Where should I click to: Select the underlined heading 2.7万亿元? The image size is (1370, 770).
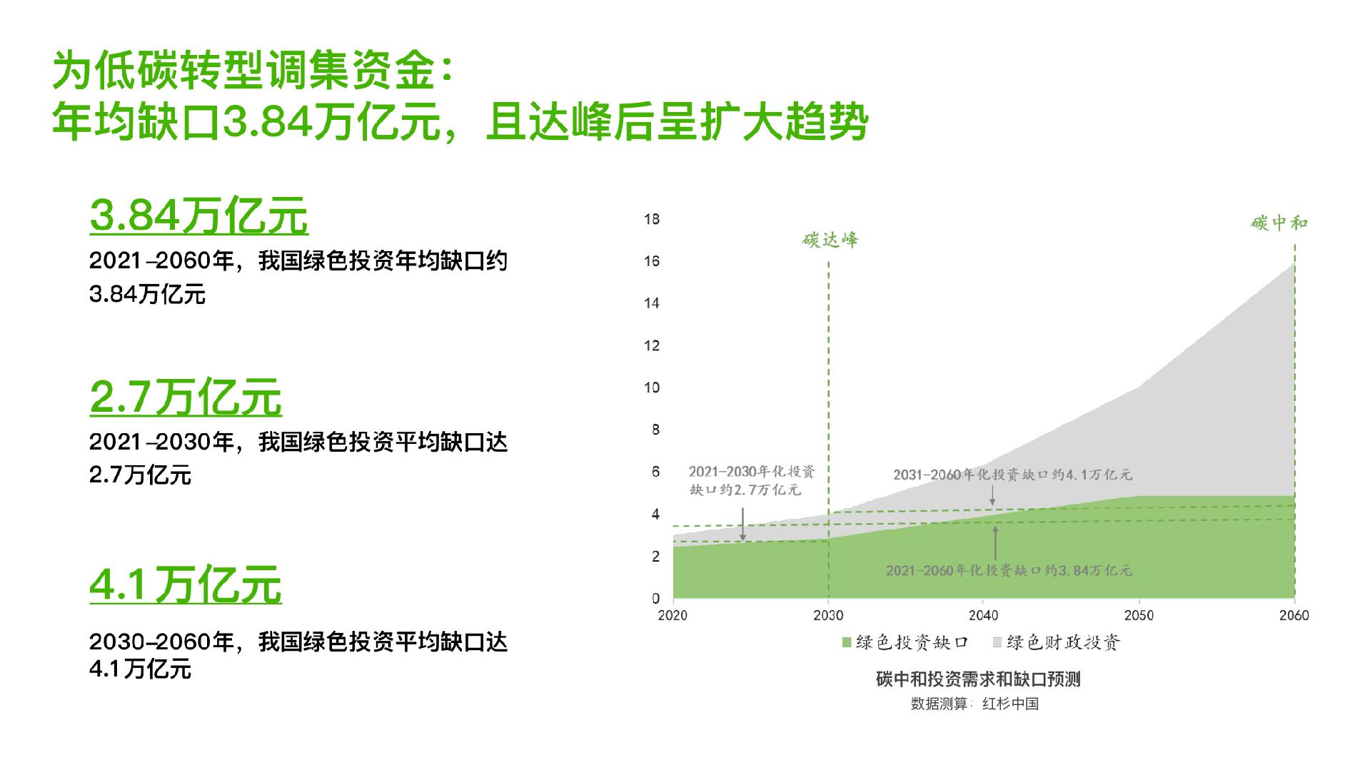click(x=186, y=397)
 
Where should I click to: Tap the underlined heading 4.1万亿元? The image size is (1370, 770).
click(x=186, y=585)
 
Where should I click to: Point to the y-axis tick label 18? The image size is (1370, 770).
click(x=651, y=219)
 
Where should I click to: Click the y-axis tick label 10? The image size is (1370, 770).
click(x=651, y=387)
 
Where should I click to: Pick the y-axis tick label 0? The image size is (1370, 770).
click(x=655, y=599)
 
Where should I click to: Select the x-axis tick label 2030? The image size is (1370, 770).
click(x=828, y=615)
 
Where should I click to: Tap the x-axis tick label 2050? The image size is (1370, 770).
click(x=1139, y=615)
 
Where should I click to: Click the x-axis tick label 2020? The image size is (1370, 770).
click(x=673, y=615)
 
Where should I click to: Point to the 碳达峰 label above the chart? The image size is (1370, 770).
click(x=830, y=240)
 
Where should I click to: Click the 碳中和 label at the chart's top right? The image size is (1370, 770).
click(x=1279, y=223)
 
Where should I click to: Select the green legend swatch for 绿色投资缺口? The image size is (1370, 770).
click(x=847, y=643)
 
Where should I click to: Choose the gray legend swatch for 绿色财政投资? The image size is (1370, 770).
click(x=997, y=643)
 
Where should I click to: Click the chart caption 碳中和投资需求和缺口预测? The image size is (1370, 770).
click(x=978, y=679)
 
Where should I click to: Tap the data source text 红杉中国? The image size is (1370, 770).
click(x=1010, y=704)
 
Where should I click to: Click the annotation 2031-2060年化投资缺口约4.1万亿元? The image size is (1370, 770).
click(x=1012, y=475)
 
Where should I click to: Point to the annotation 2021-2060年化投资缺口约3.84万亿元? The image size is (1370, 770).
click(x=1009, y=571)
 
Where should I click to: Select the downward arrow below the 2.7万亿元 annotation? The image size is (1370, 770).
click(x=742, y=525)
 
